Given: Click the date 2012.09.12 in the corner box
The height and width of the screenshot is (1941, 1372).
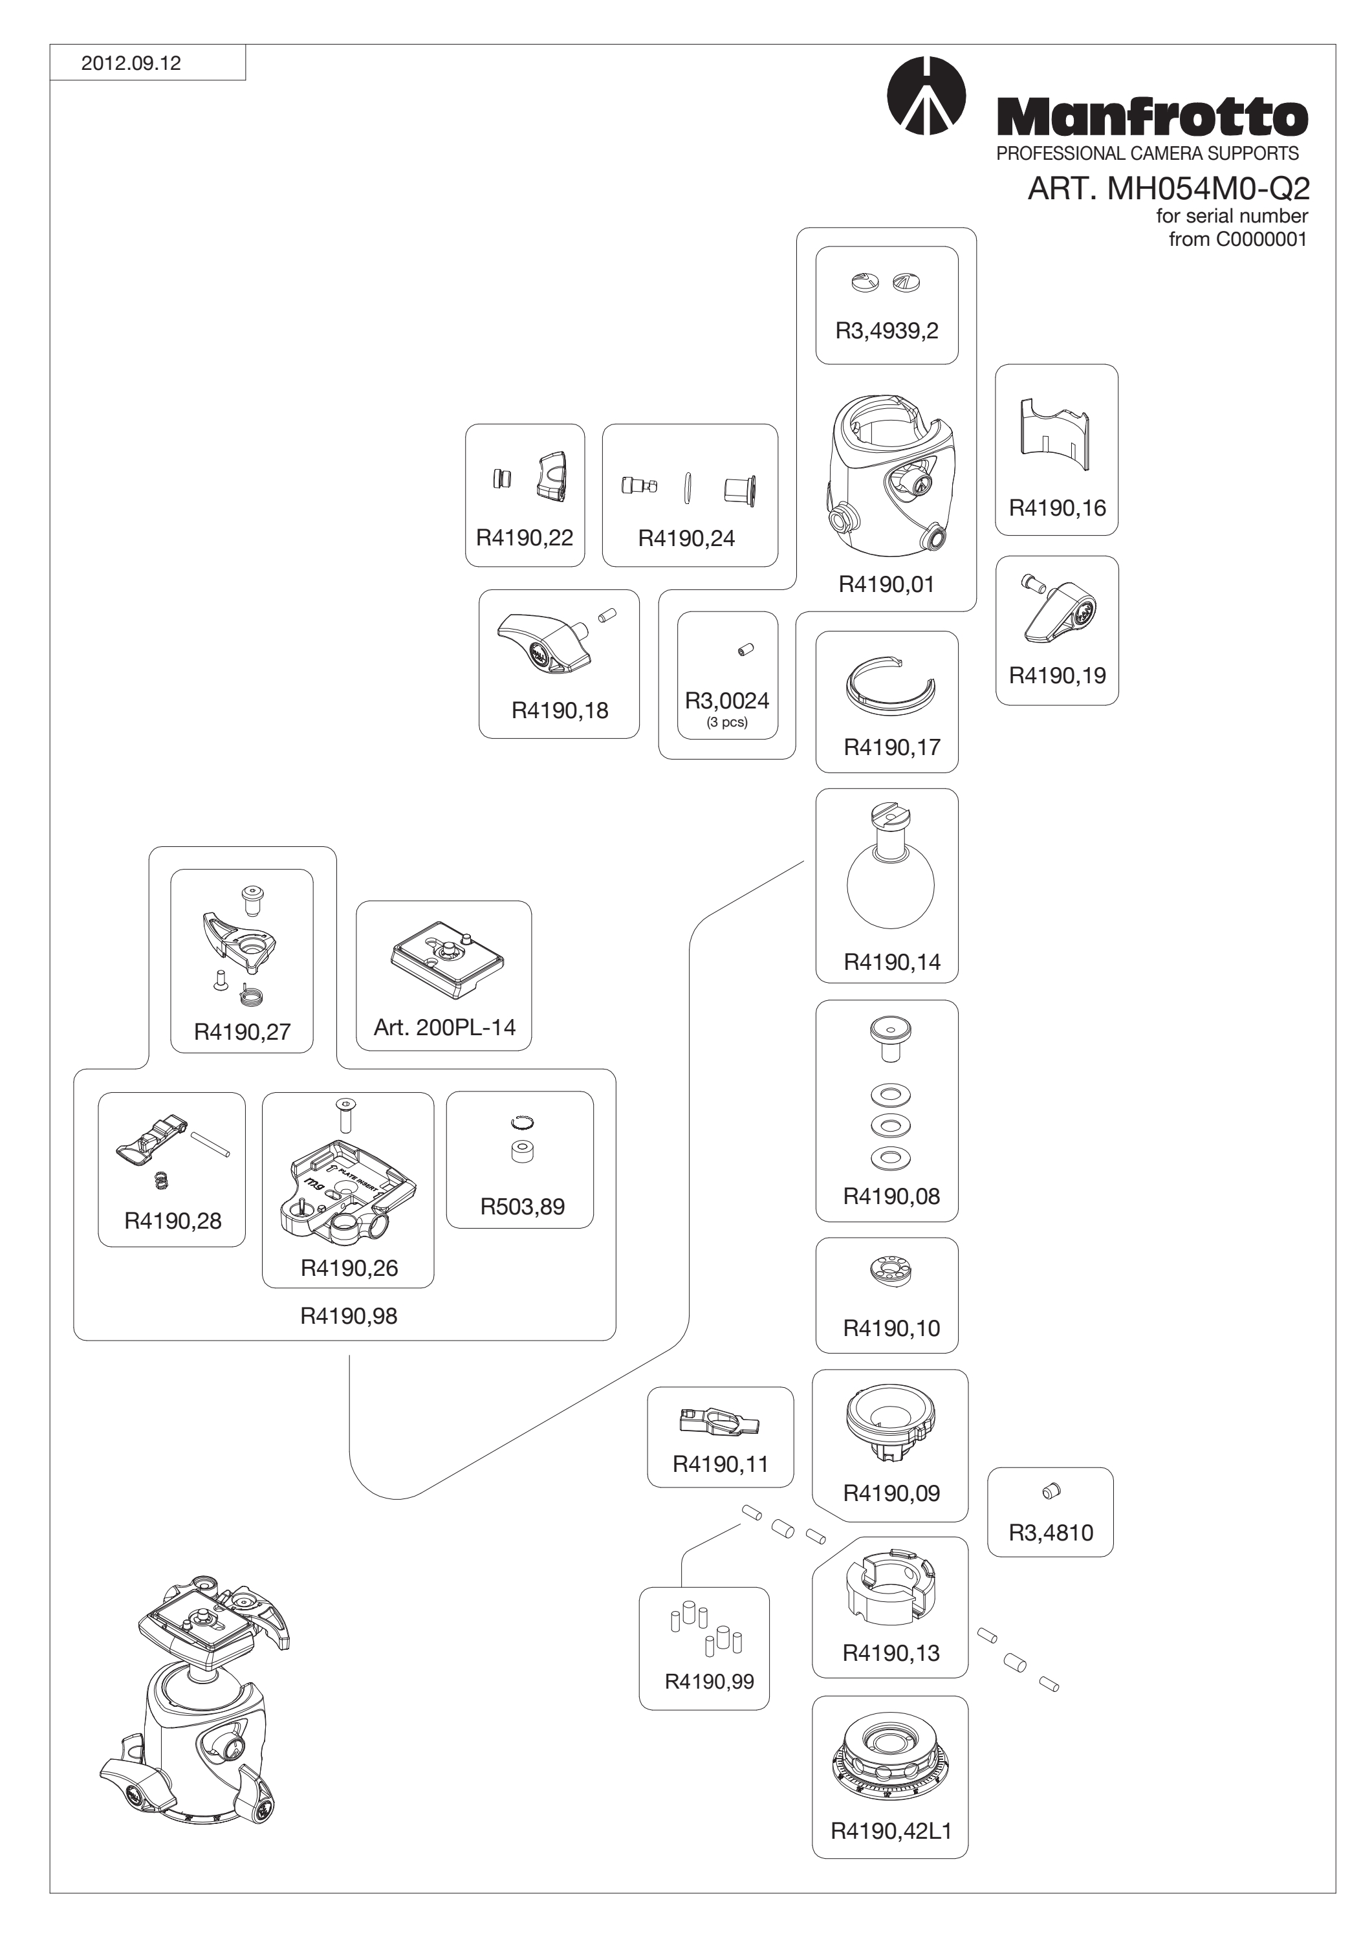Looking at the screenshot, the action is [131, 63].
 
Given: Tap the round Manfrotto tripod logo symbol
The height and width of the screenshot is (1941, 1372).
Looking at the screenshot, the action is [926, 96].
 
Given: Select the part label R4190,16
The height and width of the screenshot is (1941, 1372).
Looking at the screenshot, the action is [1057, 508].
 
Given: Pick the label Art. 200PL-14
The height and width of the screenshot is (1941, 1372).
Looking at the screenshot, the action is [444, 1027].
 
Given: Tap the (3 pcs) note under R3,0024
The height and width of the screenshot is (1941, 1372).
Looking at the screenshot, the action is [727, 722].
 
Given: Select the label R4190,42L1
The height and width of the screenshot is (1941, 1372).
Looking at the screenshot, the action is [891, 1831].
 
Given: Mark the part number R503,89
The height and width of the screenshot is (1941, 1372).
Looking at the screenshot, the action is [523, 1207].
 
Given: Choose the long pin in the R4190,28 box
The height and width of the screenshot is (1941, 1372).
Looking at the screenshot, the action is [210, 1143].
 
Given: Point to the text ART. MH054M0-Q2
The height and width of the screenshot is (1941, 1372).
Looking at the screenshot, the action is [1168, 188].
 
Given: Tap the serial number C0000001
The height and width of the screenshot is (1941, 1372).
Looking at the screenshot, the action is [1261, 239].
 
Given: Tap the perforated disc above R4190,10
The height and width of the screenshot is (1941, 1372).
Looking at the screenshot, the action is [891, 1271].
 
